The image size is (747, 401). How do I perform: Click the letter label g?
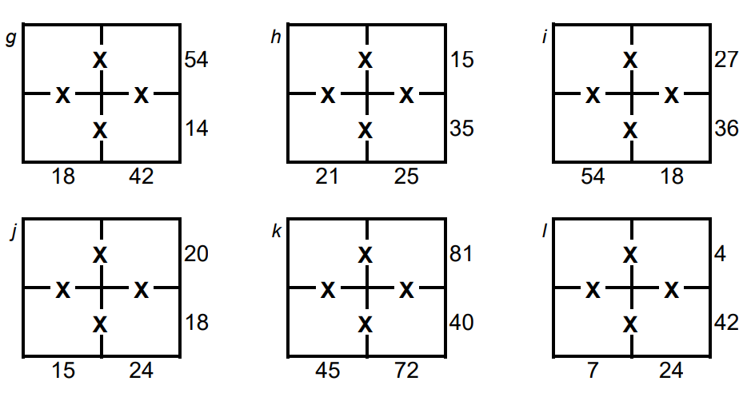(x=10, y=38)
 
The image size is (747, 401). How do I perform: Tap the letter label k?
(x=276, y=232)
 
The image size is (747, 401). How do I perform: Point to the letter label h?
(x=276, y=38)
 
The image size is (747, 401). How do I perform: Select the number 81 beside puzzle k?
(x=461, y=255)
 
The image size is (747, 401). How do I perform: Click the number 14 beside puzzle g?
(x=196, y=128)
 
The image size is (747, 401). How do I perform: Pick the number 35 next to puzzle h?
(x=461, y=128)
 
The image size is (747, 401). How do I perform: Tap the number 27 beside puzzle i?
(x=726, y=60)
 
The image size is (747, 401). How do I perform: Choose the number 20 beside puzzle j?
(x=196, y=255)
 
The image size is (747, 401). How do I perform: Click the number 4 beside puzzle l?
(x=719, y=255)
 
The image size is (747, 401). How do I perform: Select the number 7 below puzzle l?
(x=592, y=371)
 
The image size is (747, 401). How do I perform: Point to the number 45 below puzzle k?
(x=328, y=371)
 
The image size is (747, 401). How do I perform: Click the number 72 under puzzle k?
(x=406, y=371)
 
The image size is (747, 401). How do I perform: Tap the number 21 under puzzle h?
(x=328, y=177)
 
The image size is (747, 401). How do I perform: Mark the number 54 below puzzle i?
(x=593, y=177)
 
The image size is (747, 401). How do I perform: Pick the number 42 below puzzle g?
(x=142, y=177)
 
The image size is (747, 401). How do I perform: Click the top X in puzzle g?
(x=100, y=59)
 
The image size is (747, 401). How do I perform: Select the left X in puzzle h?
(x=327, y=96)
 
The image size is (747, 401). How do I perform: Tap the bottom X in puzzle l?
(x=630, y=324)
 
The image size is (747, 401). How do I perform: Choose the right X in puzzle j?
(x=142, y=289)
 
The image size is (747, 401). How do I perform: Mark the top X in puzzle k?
(x=366, y=255)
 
